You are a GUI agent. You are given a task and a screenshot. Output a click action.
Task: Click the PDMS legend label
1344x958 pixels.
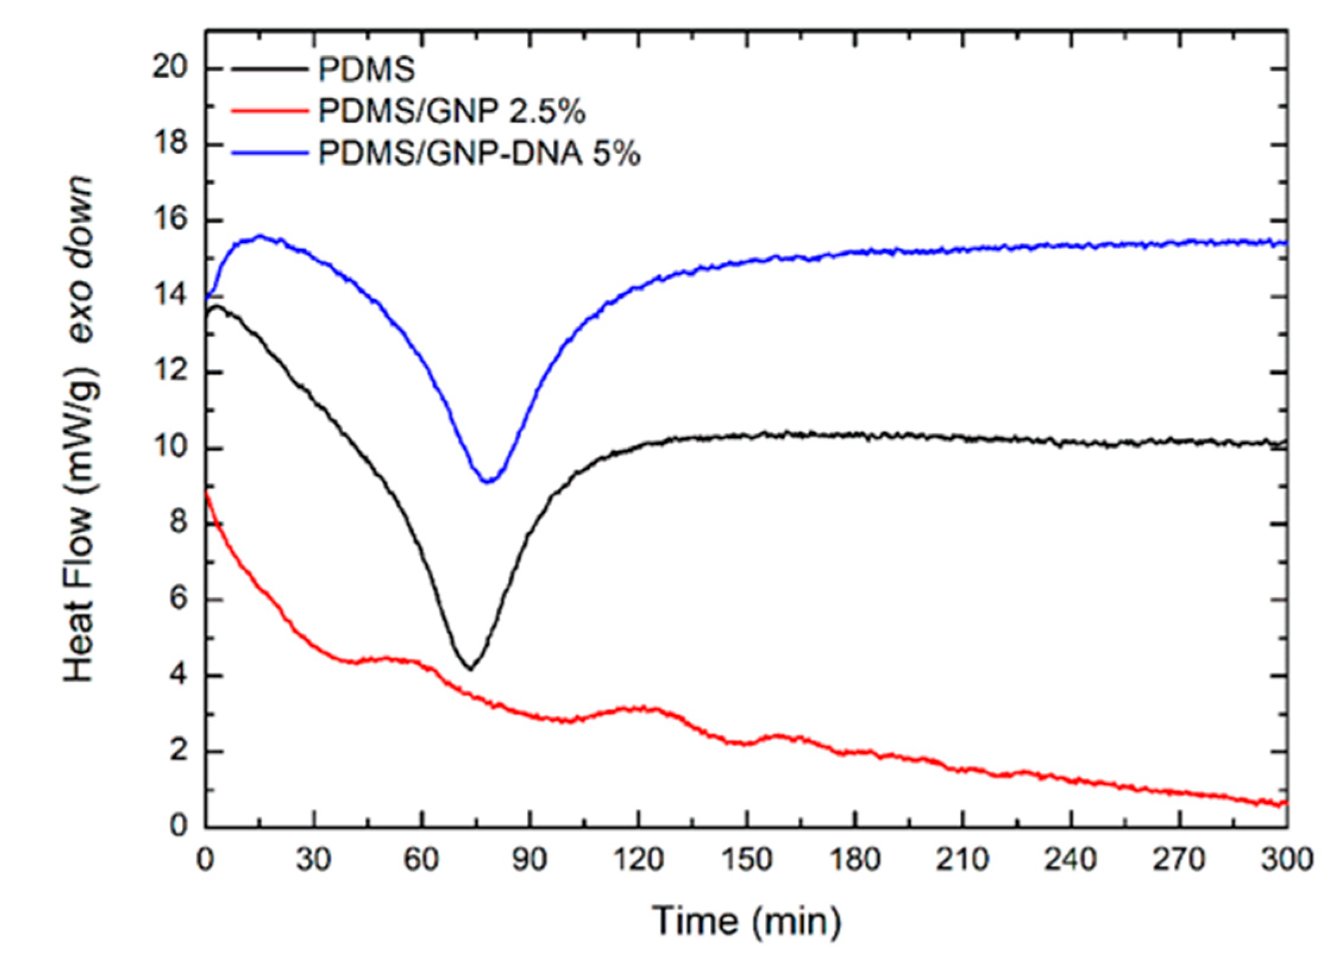366,70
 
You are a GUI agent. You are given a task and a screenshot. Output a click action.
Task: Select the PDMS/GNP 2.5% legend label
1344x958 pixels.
452,112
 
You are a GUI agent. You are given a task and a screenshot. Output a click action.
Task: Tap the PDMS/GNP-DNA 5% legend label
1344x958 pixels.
479,153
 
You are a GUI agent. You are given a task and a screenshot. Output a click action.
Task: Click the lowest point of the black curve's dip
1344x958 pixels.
470,668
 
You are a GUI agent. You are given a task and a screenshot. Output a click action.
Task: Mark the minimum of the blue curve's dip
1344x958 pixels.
488,481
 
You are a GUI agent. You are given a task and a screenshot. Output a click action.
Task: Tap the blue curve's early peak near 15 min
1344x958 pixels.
260,236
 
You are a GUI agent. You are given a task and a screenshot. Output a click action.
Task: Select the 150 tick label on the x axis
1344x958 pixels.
746,859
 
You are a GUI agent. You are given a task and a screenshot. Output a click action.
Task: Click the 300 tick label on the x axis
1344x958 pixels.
1287,859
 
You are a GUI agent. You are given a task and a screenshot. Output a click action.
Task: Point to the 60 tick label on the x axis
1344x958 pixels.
422,859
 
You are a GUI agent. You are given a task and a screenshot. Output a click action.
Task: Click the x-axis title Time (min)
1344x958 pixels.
746,920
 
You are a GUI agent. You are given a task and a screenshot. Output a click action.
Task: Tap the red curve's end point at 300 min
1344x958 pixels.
1286,803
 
